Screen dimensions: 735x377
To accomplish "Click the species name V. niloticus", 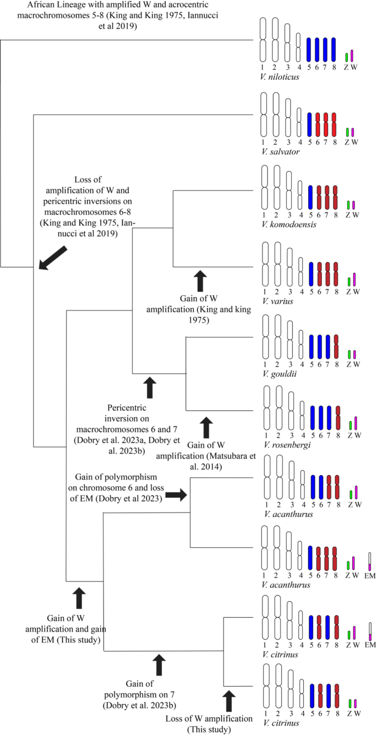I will (x=281, y=77).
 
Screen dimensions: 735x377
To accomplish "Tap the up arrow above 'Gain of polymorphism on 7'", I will (x=160, y=665).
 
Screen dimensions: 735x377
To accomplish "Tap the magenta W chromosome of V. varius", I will (x=354, y=279).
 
